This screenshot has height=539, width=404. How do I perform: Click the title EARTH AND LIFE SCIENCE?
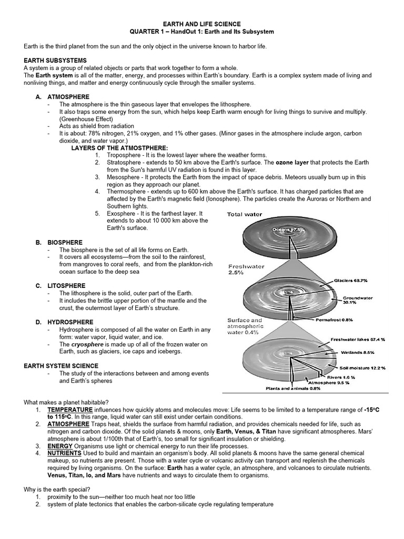pyautogui.click(x=202, y=24)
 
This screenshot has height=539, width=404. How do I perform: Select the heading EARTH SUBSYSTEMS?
pyautogui.click(x=55, y=61)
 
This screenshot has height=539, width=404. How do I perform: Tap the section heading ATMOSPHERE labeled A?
pyautogui.click(x=68, y=97)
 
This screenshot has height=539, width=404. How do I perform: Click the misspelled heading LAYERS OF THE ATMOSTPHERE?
pyautogui.click(x=119, y=148)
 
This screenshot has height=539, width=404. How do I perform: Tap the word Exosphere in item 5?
pyautogui.click(x=124, y=214)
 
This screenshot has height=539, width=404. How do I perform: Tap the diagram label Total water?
pyautogui.click(x=244, y=215)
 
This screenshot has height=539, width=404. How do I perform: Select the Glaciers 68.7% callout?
pyautogui.click(x=352, y=281)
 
